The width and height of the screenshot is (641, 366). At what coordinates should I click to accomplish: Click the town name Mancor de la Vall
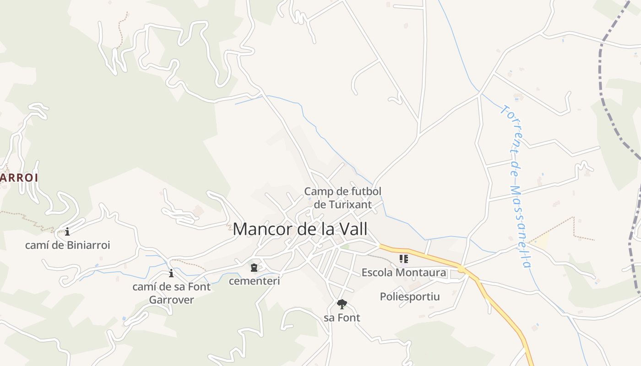[300, 229]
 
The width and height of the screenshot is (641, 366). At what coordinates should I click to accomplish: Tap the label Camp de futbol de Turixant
[342, 198]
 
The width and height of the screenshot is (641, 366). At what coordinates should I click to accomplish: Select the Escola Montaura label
[403, 273]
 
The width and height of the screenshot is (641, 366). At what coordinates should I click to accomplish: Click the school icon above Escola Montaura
[403, 259]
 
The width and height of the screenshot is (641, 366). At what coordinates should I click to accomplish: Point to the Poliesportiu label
[410, 296]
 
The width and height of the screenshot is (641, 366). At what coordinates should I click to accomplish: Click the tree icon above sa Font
[342, 304]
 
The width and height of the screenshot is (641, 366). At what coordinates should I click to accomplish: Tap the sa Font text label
[342, 318]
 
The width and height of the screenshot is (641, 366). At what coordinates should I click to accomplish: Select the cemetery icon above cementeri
[254, 267]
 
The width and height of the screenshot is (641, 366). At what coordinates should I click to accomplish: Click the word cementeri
[254, 280]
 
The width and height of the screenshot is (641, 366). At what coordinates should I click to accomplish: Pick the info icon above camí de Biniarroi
[67, 231]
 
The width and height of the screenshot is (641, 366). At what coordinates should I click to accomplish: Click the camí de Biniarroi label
[67, 245]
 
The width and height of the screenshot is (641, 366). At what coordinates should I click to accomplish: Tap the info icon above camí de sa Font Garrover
[171, 274]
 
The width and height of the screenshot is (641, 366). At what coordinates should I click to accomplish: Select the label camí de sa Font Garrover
[171, 293]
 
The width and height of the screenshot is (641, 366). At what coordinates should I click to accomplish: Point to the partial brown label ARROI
[18, 178]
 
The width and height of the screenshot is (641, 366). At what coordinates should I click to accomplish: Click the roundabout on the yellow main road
[462, 268]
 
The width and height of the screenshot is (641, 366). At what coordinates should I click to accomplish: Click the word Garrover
[171, 300]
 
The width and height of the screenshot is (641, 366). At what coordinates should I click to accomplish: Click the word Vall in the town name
[353, 229]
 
